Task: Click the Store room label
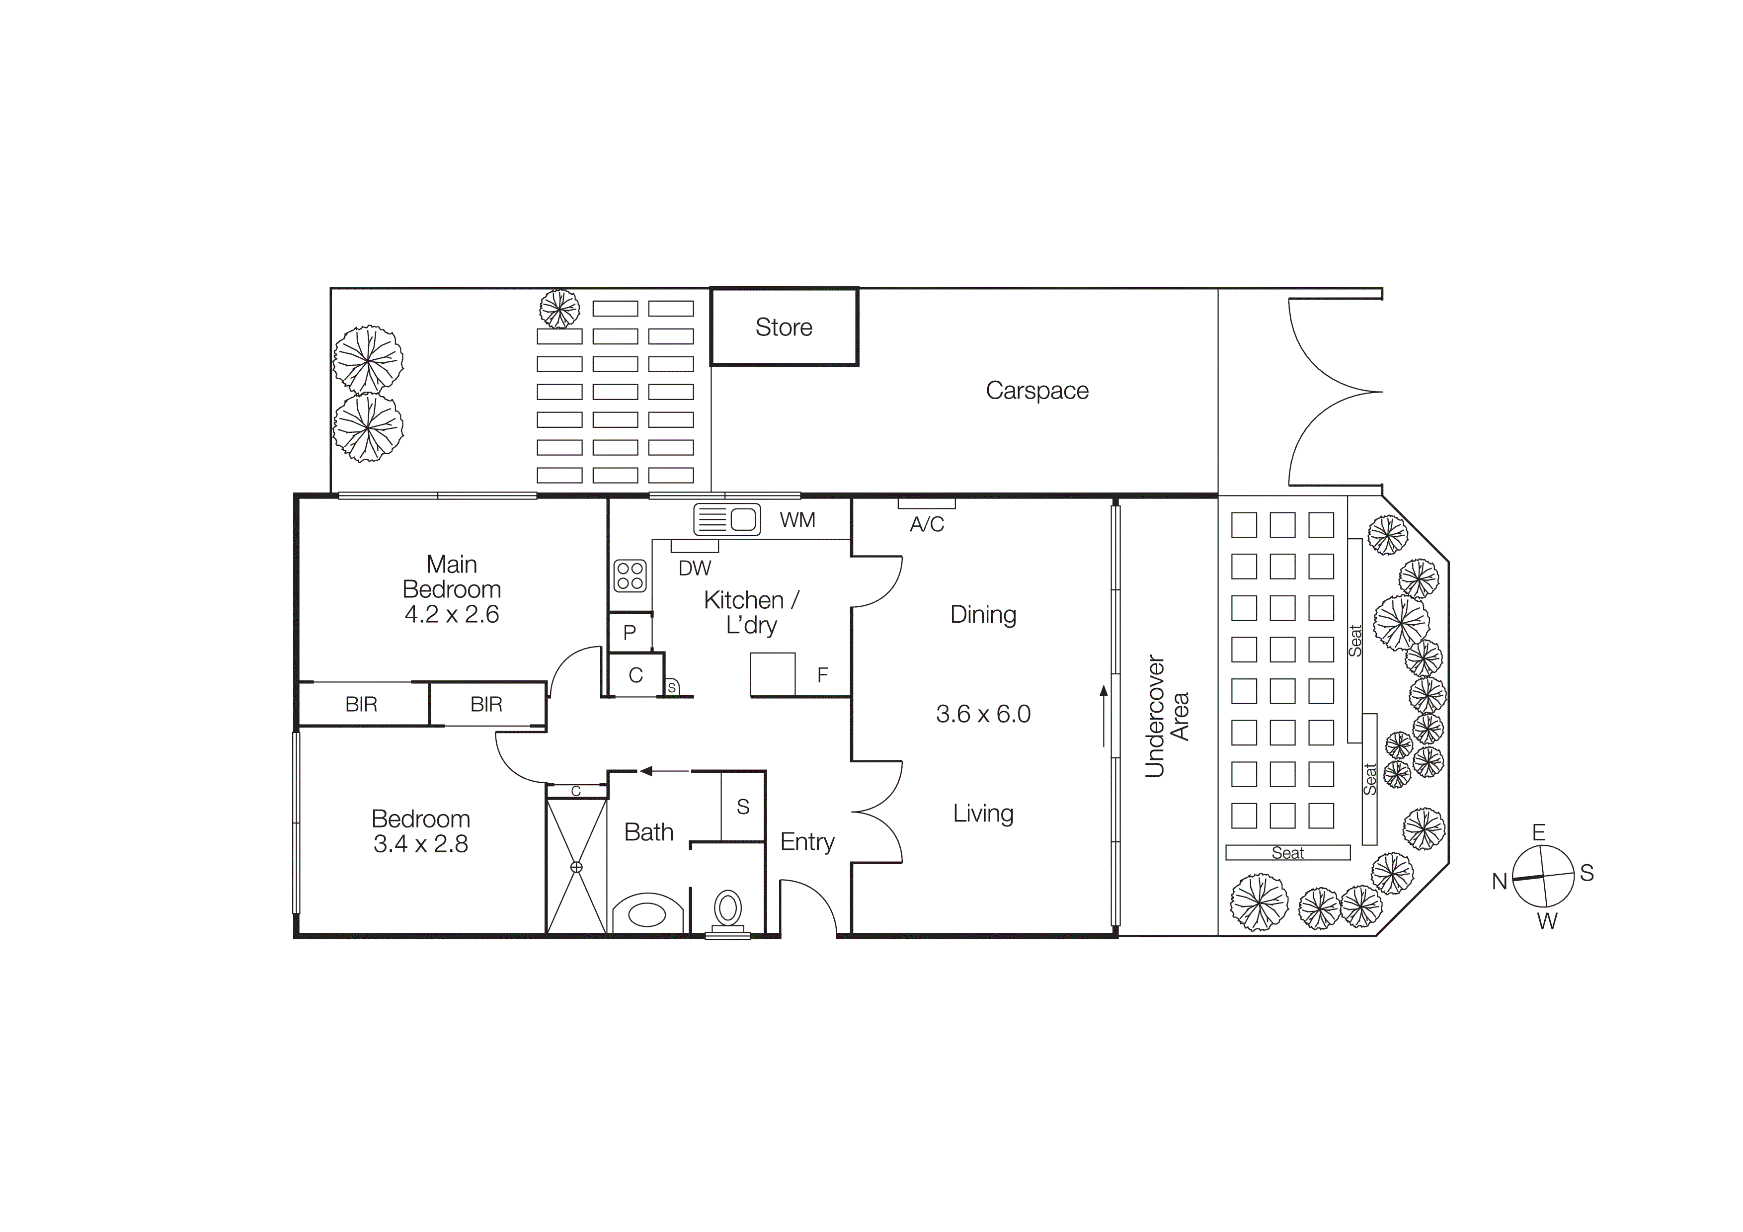pyautogui.click(x=784, y=327)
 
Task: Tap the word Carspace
pyautogui.click(x=1036, y=390)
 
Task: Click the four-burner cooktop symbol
pyautogui.click(x=630, y=575)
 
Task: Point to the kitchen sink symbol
pyautogui.click(x=727, y=519)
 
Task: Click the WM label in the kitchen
pyautogui.click(x=797, y=520)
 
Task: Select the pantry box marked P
pyautogui.click(x=630, y=632)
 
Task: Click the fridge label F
pyautogui.click(x=822, y=675)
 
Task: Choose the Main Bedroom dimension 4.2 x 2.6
pyautogui.click(x=451, y=614)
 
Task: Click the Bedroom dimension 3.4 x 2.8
pyautogui.click(x=420, y=844)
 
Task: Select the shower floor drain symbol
pyautogui.click(x=576, y=867)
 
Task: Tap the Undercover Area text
pyautogui.click(x=1166, y=716)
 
